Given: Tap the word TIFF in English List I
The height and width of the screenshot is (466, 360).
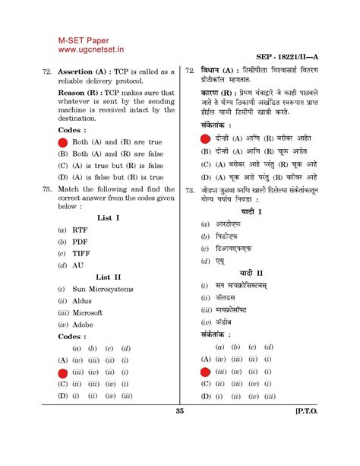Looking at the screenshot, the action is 82,252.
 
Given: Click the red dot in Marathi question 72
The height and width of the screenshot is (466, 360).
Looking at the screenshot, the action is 204,138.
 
